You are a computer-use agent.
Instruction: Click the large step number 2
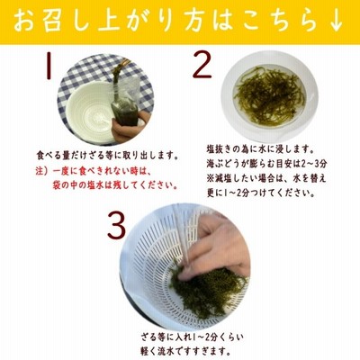[202, 65]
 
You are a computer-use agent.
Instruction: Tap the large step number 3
[117, 226]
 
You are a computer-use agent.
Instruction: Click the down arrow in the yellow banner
[337, 22]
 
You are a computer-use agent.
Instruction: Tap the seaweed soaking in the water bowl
[270, 96]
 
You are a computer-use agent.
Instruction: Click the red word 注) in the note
[42, 172]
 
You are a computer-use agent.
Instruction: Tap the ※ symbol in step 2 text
[211, 178]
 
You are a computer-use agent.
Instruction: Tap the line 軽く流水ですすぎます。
[186, 350]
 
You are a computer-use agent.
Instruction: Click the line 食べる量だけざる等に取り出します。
[105, 157]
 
